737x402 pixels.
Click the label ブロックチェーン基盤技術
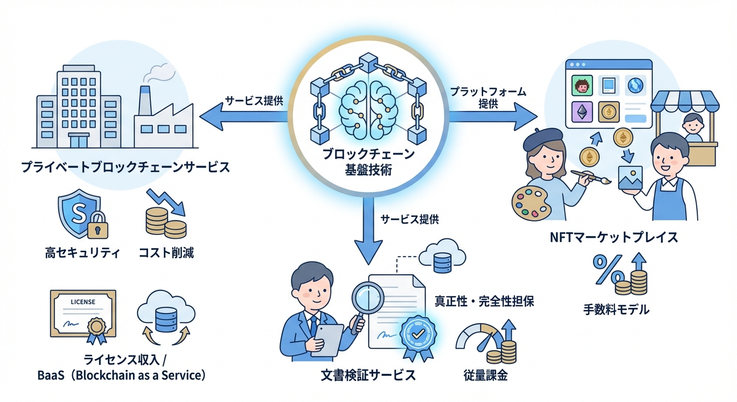click(368, 162)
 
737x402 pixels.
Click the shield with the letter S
click(79, 212)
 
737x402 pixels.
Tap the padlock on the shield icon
click(97, 226)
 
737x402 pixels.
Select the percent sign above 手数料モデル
click(607, 269)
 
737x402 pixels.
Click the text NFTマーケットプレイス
click(613, 237)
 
